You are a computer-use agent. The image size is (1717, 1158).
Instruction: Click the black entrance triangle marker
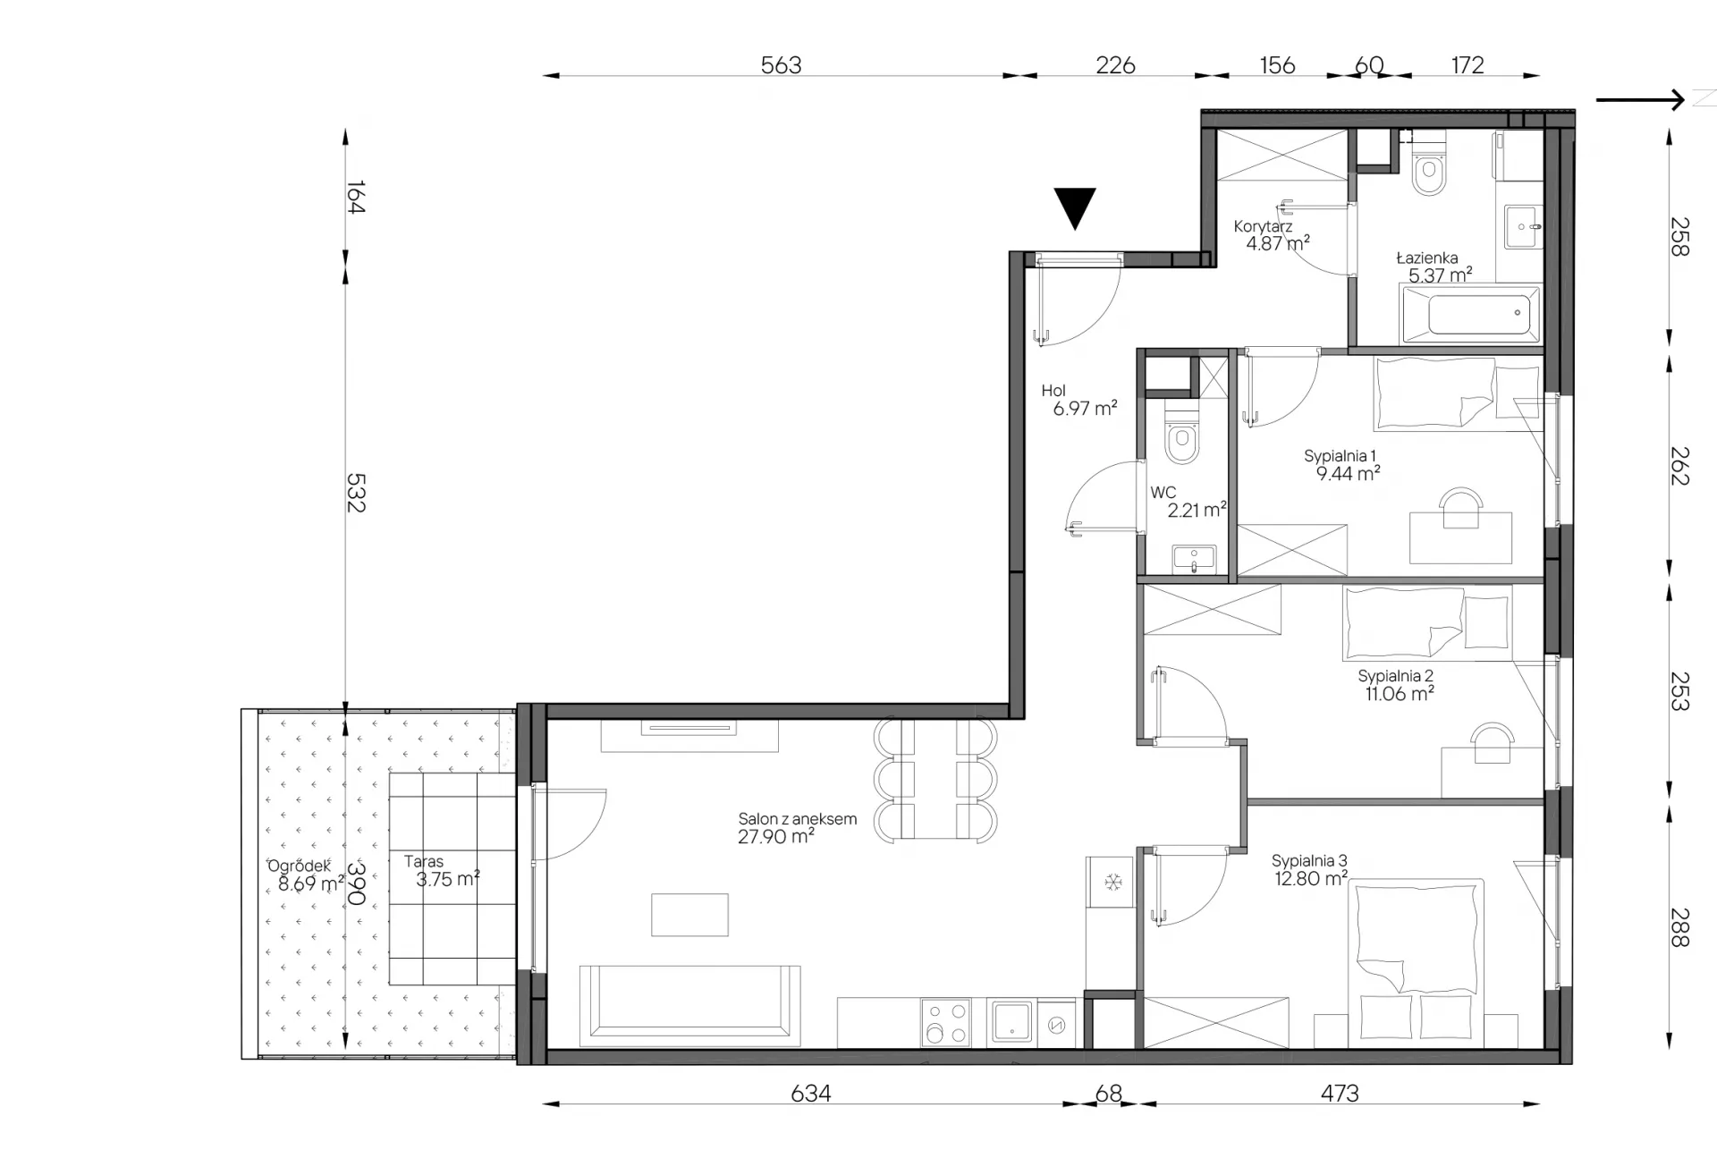(1075, 206)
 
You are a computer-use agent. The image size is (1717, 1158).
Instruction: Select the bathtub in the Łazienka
(1470, 314)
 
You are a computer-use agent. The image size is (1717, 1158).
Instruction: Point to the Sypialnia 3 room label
(1309, 860)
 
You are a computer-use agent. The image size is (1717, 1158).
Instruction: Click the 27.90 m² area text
(776, 836)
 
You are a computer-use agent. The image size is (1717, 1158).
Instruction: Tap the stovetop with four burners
(945, 1023)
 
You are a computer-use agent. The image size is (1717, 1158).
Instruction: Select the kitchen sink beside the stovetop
(1011, 1023)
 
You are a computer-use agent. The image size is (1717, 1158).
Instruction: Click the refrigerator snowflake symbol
(1112, 883)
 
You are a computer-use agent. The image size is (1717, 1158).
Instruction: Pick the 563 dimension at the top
(781, 65)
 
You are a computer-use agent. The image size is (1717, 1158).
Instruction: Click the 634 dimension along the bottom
(810, 1093)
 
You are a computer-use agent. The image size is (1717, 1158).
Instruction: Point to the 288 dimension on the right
(1680, 927)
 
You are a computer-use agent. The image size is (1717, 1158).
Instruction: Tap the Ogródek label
(300, 866)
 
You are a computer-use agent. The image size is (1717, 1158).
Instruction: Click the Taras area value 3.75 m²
(448, 879)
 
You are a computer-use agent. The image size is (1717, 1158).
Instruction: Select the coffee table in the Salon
(689, 914)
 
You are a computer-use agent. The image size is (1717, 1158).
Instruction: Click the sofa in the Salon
(689, 1006)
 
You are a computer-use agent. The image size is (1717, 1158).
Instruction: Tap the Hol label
(1053, 391)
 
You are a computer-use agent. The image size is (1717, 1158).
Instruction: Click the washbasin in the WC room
(1193, 559)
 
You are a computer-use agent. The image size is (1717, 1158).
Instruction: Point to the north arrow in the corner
(1640, 99)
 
